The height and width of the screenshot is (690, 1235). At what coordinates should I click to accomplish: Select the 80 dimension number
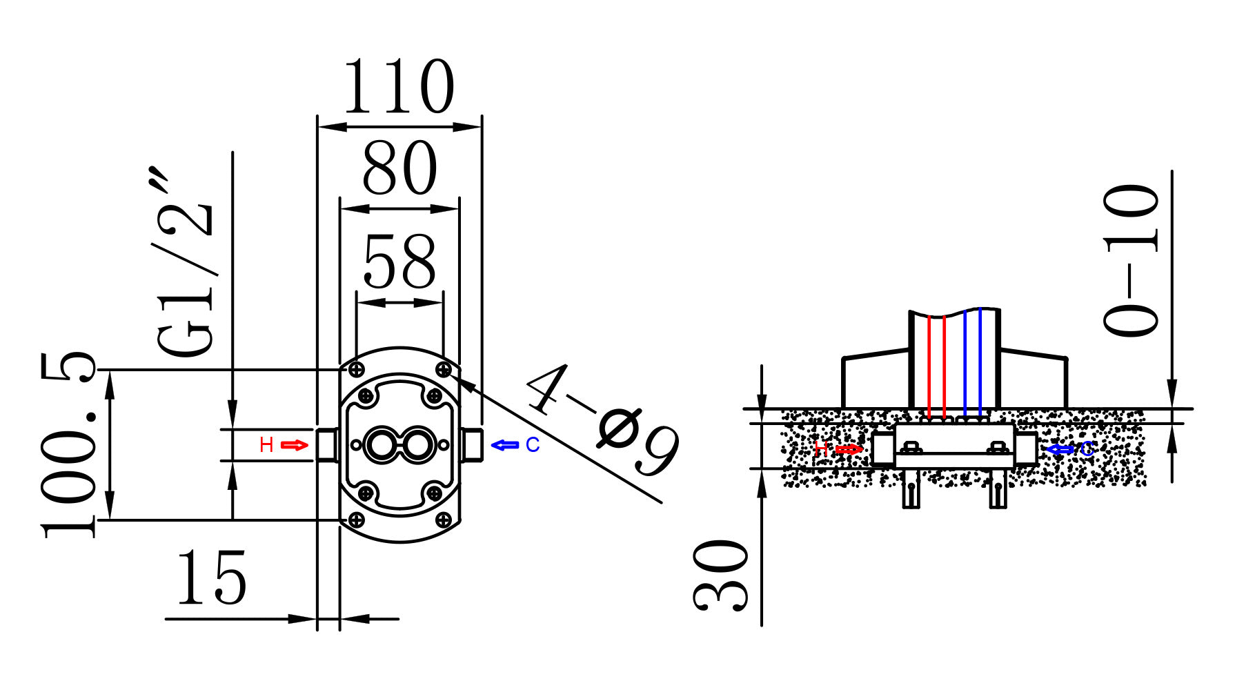(399, 168)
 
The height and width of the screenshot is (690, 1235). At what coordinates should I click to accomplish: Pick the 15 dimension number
(211, 578)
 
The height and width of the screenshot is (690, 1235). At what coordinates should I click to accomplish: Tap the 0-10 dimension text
(1130, 261)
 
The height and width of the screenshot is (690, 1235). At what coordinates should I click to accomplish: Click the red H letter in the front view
(266, 445)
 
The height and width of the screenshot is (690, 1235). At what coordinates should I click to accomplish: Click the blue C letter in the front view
(533, 445)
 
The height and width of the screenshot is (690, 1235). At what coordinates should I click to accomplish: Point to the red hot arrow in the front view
(295, 445)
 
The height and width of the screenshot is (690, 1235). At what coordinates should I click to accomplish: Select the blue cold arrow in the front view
(505, 445)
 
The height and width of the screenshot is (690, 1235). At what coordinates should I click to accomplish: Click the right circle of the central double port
(418, 445)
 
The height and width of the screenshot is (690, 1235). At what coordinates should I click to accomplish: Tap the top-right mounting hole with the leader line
(444, 370)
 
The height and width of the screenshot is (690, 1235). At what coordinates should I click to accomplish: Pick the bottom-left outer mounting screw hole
(356, 520)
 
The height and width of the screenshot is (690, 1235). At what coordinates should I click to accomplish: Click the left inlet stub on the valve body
(326, 445)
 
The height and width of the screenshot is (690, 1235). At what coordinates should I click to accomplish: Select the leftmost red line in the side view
(929, 366)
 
